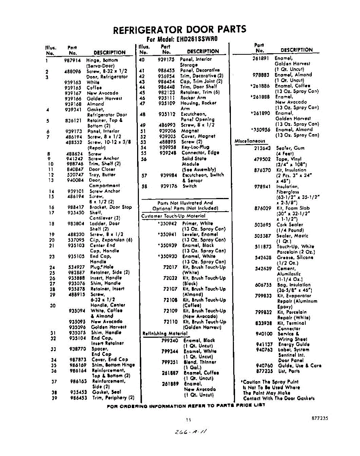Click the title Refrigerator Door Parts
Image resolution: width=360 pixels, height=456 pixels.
pyautogui.click(x=180, y=29)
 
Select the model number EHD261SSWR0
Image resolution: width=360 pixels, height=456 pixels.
pyautogui.click(x=196, y=39)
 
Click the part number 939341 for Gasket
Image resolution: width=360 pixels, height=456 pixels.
pyautogui.click(x=73, y=109)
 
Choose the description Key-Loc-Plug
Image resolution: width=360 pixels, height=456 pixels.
pyautogui.click(x=196, y=147)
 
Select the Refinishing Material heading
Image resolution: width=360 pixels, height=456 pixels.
pyautogui.click(x=165, y=334)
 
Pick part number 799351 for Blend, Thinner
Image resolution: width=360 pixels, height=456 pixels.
pyautogui.click(x=169, y=362)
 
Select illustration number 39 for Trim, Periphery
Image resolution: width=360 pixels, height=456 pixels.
pyautogui.click(x=54, y=398)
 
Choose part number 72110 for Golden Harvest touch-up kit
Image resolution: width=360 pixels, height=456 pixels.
pyautogui.click(x=171, y=321)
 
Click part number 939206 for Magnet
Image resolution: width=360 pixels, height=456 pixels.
pyautogui.click(x=167, y=130)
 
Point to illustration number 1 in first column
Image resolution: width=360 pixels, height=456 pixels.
pyautogui.click(x=47, y=60)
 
